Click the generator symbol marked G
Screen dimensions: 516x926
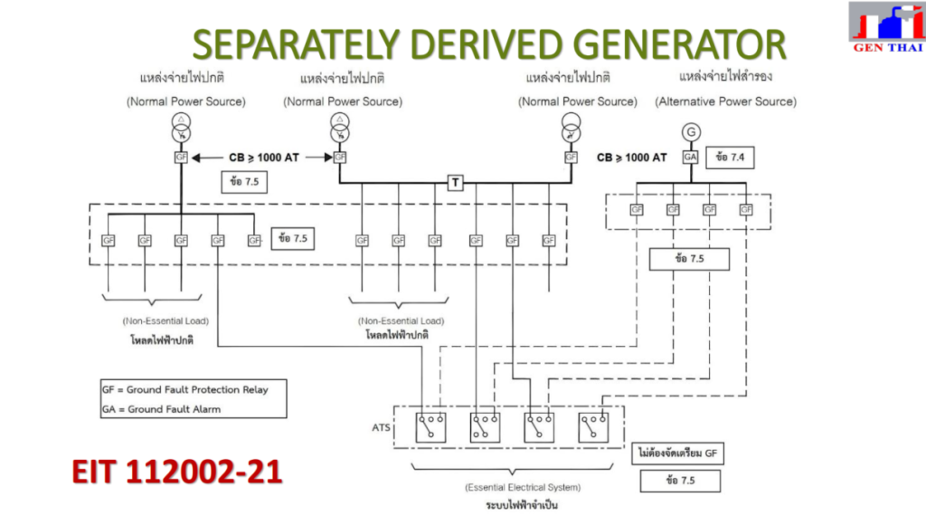[692, 132]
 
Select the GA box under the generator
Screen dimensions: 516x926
[692, 157]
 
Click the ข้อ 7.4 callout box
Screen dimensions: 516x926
[730, 157]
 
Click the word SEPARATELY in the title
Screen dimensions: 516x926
[300, 44]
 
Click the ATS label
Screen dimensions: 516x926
[380, 426]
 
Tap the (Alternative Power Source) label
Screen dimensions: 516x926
[726, 102]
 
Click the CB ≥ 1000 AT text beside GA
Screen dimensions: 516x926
[631, 158]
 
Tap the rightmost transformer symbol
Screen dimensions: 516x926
[570, 129]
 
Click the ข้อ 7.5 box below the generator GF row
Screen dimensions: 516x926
[689, 259]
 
